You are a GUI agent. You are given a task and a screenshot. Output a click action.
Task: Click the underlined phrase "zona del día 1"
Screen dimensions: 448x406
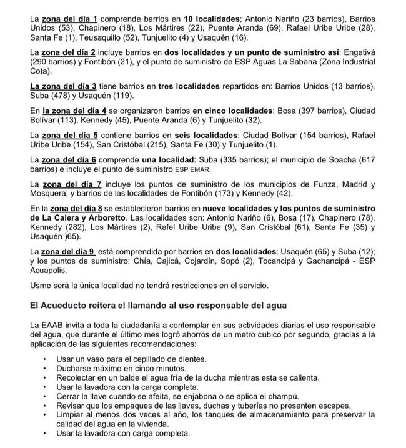point(72,19)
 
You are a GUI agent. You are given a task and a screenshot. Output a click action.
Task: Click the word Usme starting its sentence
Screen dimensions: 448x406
point(41,286)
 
